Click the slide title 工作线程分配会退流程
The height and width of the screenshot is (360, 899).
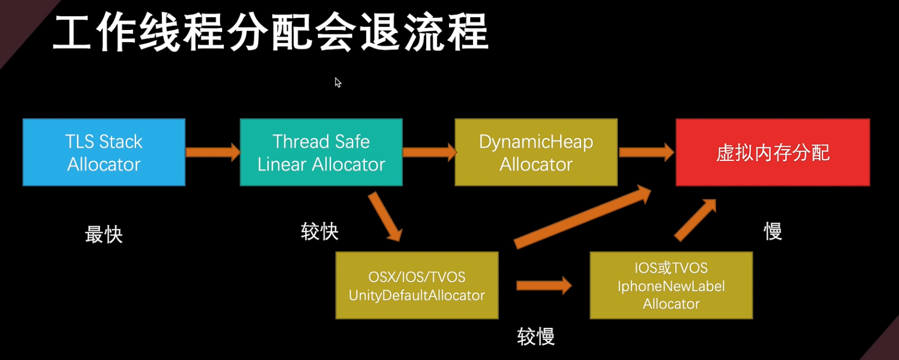click(x=271, y=33)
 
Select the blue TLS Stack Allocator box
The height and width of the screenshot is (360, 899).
click(x=104, y=152)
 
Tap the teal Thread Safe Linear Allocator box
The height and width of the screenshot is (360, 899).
click(x=321, y=152)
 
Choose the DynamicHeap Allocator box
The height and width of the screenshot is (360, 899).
click(x=536, y=152)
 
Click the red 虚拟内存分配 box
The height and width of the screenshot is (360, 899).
click(x=772, y=152)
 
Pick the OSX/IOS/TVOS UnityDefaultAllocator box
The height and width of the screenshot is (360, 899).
click(x=417, y=286)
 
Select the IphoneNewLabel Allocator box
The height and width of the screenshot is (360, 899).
click(x=671, y=286)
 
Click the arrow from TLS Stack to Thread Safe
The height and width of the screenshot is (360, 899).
click(x=212, y=152)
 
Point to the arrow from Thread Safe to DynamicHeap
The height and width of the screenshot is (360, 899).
click(x=428, y=152)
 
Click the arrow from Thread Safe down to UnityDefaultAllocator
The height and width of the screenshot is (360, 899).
click(x=384, y=217)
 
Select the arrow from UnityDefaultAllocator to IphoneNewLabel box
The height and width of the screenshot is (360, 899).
click(x=543, y=286)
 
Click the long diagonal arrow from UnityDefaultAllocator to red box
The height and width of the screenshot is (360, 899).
click(x=582, y=218)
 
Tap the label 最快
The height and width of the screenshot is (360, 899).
click(x=104, y=234)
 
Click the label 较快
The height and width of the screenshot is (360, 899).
click(x=319, y=231)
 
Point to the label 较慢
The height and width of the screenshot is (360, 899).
click(x=536, y=336)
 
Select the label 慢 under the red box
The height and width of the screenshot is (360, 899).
click(x=773, y=231)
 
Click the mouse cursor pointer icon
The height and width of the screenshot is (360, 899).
click(x=337, y=82)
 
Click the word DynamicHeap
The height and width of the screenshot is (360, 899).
click(x=536, y=142)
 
